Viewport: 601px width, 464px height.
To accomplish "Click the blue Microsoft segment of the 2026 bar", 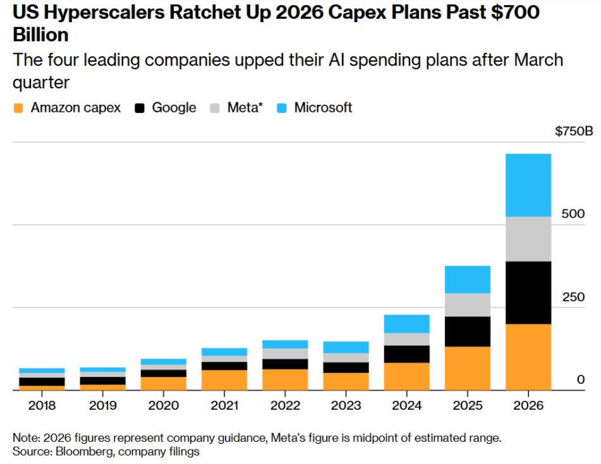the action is (x=528, y=186).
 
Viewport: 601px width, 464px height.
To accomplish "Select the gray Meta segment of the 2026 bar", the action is (x=528, y=239).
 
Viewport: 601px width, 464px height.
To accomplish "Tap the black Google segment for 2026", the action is (x=528, y=293).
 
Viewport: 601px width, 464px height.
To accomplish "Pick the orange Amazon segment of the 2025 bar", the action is (x=467, y=368).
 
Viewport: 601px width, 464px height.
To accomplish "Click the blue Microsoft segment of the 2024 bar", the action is (x=407, y=324).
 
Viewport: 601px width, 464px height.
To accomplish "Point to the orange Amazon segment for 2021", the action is (x=224, y=380).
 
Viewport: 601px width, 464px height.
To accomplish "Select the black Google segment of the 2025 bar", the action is (x=467, y=331).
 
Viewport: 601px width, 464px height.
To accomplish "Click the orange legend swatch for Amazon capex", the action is (x=18, y=108).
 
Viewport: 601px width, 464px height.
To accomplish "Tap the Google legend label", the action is (x=174, y=107).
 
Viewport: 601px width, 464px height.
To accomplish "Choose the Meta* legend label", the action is (x=245, y=107).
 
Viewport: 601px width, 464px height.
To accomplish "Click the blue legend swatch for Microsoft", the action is (x=282, y=108).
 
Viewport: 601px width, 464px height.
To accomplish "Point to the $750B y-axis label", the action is (x=574, y=131).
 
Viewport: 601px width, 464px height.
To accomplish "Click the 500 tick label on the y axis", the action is (x=573, y=213).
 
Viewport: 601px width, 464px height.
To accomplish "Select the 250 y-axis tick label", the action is (x=573, y=297).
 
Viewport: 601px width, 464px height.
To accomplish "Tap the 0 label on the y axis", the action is (x=581, y=379).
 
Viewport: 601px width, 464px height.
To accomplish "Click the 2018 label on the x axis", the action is (x=42, y=405).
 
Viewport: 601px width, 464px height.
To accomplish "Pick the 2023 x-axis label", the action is (x=346, y=405).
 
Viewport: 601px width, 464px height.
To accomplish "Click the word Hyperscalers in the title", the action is (x=104, y=12).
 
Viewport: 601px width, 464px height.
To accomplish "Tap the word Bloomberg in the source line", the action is (x=84, y=451).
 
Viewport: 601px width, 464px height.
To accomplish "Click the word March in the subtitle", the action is (x=538, y=60).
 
